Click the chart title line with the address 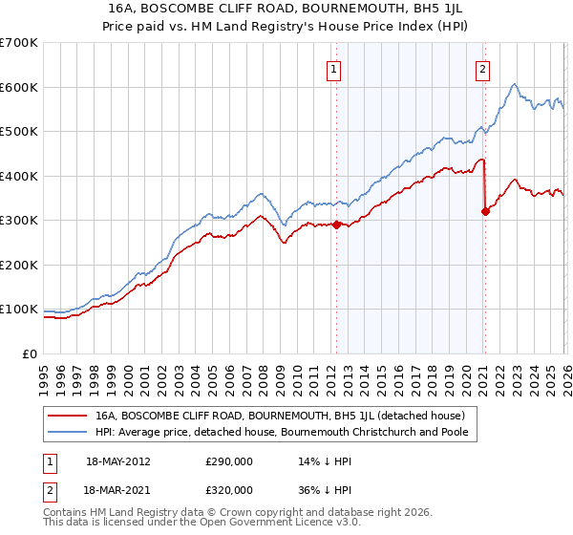[286, 10]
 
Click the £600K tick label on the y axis [19, 87]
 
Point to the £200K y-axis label [19, 265]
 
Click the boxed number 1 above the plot [335, 69]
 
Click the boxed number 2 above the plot [483, 69]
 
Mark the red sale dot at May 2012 [336, 225]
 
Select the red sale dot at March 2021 [485, 211]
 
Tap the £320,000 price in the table [228, 489]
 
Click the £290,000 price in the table [228, 461]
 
